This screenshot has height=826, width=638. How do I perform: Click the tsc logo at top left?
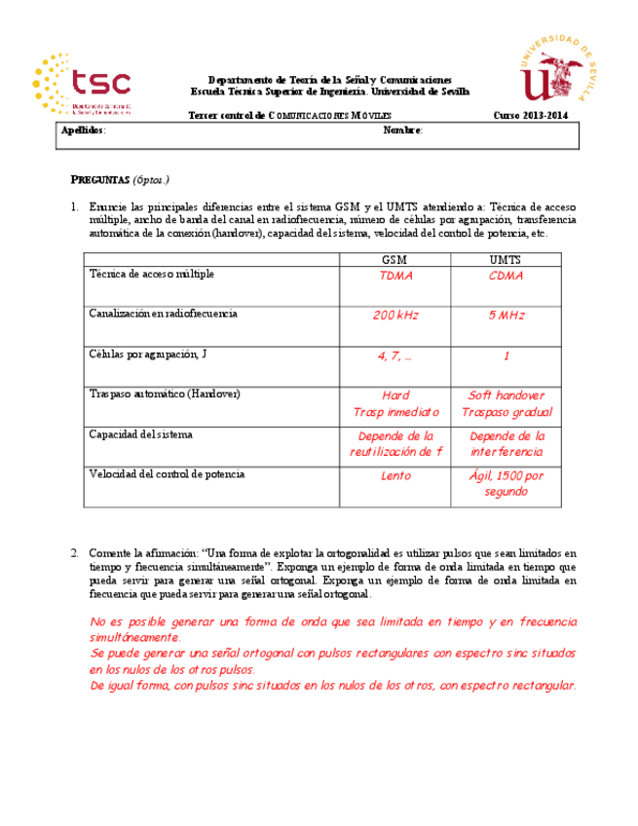[x=82, y=84]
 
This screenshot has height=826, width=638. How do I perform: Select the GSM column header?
[x=395, y=260]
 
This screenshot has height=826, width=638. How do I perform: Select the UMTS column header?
[x=505, y=260]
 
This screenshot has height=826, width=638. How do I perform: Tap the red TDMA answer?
[x=395, y=276]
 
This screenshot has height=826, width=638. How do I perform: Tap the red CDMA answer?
[x=506, y=276]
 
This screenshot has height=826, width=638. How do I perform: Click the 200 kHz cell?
[x=395, y=316]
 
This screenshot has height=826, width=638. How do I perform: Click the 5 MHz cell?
[x=506, y=316]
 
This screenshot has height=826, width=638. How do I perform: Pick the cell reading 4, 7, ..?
[x=394, y=357]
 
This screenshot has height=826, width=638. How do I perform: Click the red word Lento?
[x=395, y=476]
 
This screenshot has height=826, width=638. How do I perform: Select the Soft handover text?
[x=506, y=395]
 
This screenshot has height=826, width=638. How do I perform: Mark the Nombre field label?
[x=402, y=130]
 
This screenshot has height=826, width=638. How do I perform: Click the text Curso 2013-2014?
[x=530, y=116]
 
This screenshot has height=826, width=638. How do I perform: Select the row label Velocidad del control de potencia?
[x=167, y=474]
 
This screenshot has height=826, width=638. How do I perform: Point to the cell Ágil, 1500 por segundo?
[x=506, y=484]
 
